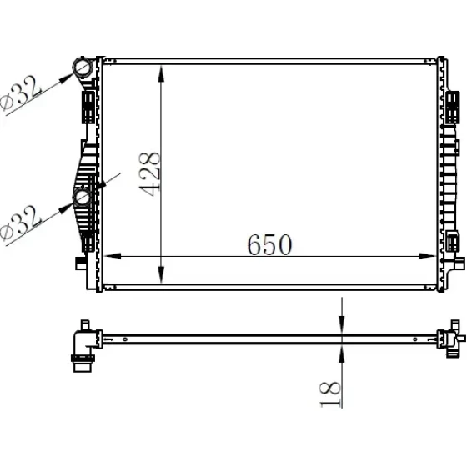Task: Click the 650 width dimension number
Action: tap(269, 245)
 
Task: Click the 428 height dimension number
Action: tap(150, 174)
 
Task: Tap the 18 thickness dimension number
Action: tap(330, 394)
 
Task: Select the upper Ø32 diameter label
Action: tap(20, 93)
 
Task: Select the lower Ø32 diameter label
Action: tap(20, 223)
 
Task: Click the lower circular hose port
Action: tap(82, 197)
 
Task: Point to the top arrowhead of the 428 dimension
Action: tap(161, 73)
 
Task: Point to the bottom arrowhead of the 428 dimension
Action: tap(161, 274)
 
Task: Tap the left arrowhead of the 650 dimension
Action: tap(113, 256)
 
